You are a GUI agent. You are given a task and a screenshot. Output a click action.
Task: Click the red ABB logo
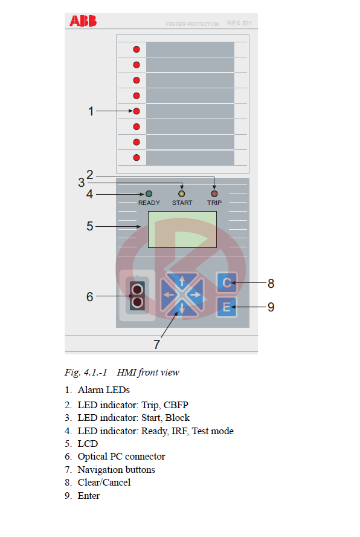(x=83, y=21)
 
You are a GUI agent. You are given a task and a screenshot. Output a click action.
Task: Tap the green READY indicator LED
(x=149, y=194)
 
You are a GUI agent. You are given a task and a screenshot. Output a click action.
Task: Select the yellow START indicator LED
(x=182, y=194)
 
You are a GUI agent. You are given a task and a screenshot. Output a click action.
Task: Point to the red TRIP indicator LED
(x=214, y=194)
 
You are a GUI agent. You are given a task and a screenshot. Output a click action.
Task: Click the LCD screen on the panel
(x=182, y=229)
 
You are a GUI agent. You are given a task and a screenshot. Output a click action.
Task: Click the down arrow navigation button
(x=182, y=308)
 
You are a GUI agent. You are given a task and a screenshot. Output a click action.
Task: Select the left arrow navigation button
(x=169, y=295)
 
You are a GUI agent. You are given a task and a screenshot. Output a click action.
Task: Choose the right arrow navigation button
(x=196, y=295)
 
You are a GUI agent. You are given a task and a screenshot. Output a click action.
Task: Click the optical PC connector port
(x=137, y=296)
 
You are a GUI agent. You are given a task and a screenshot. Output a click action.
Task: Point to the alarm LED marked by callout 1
(x=137, y=111)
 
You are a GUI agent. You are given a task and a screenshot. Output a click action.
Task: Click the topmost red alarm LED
(x=137, y=50)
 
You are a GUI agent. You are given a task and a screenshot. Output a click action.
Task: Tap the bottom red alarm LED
(x=137, y=158)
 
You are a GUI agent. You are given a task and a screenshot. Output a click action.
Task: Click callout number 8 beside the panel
(x=271, y=284)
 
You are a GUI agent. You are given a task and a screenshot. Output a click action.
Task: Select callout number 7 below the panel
(x=156, y=344)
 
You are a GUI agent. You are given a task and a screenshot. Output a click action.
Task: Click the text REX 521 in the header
(x=240, y=24)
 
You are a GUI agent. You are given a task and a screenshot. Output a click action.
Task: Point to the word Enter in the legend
(x=89, y=495)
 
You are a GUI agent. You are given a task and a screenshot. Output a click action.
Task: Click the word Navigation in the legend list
(x=99, y=470)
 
